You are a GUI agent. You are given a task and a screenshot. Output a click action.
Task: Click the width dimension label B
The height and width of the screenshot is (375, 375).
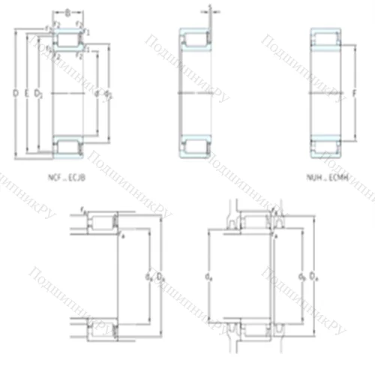point(68,12)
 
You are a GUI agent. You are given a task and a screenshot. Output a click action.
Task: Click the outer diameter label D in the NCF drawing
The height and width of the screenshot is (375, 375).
point(16,93)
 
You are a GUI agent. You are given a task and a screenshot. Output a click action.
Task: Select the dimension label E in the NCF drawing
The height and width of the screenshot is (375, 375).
point(26,93)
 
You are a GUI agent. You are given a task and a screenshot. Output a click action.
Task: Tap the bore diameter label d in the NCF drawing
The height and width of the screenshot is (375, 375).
point(97,93)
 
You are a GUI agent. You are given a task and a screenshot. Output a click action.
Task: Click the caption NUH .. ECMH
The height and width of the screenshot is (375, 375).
point(326,178)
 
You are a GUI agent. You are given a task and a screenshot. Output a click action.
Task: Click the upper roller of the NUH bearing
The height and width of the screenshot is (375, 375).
point(326,38)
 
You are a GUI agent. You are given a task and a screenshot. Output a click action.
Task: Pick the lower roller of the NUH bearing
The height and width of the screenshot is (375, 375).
point(326,145)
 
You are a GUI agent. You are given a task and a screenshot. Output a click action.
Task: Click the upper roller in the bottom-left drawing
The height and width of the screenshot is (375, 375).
point(101,223)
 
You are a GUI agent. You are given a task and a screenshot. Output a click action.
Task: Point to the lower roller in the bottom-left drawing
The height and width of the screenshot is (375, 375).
point(101,328)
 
